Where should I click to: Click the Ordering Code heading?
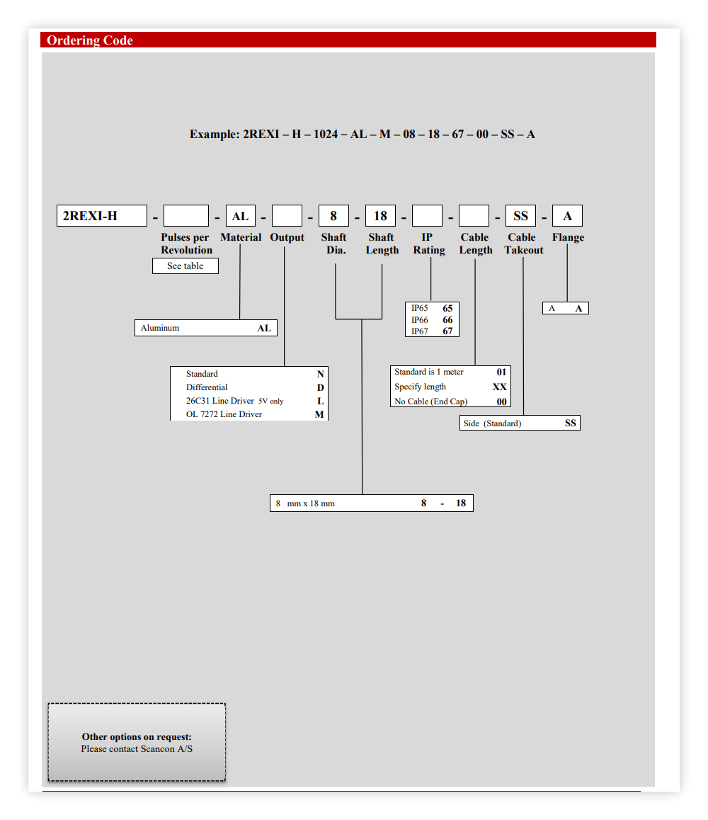(89, 40)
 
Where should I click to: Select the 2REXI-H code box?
(101, 215)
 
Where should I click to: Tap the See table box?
(185, 266)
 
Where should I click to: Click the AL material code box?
(241, 215)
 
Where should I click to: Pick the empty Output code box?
(287, 215)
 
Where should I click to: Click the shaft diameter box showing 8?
(333, 215)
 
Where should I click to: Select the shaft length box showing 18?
(380, 215)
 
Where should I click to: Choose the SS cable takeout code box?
(520, 215)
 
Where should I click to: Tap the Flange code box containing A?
(567, 215)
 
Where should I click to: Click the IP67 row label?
(419, 331)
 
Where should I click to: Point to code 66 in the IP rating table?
(447, 319)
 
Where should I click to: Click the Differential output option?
(207, 387)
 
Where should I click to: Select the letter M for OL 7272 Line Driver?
(319, 414)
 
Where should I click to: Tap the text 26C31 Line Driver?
(219, 401)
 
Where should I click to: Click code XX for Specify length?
(499, 387)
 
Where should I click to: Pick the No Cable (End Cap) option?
(431, 402)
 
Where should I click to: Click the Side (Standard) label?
(492, 423)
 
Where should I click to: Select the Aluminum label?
(160, 328)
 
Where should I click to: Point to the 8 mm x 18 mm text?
(305, 503)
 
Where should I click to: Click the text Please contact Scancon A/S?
(137, 749)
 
